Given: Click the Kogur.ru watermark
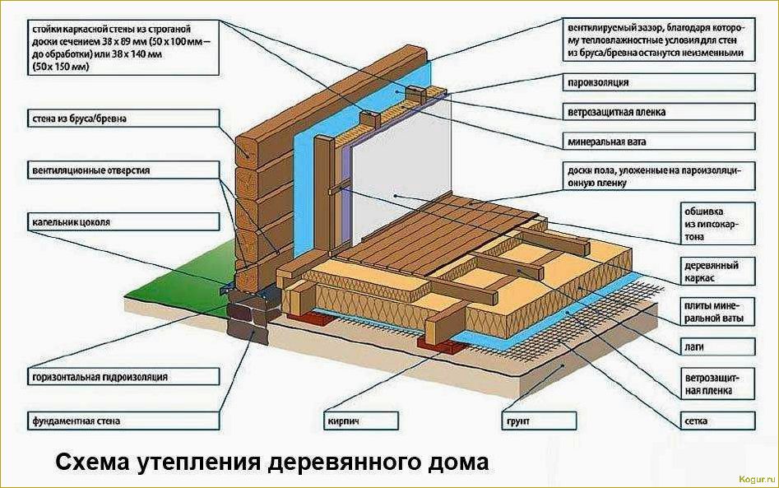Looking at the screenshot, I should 747,477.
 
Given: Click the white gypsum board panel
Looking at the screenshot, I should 411,156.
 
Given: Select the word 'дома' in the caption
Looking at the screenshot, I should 459,462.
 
